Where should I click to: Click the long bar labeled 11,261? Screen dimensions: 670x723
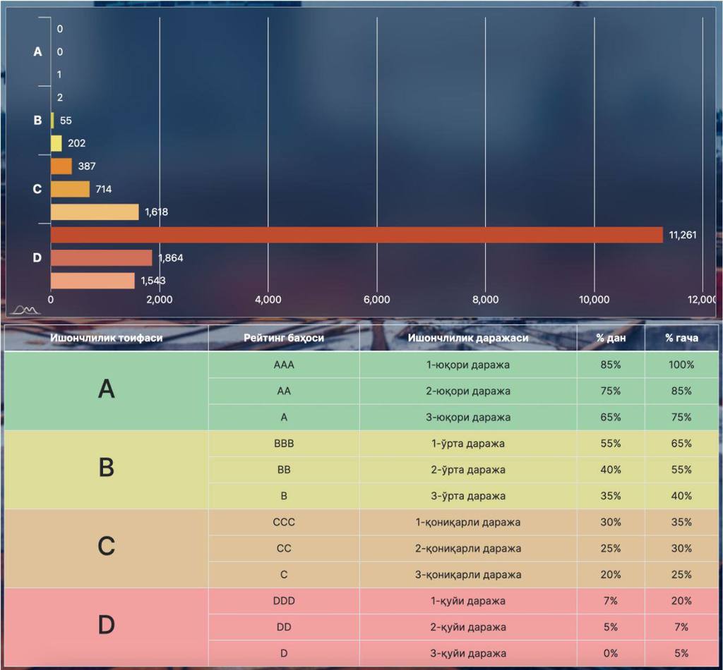tap(357, 235)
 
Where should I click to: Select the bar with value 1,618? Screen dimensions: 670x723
tap(95, 212)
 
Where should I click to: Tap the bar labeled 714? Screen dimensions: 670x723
tap(70, 189)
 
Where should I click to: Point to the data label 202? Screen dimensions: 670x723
tap(76, 143)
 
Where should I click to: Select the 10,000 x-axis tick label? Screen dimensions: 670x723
tap(594, 300)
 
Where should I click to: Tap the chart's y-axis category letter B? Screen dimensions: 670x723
tap(37, 121)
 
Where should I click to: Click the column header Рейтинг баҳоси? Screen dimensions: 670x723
tap(284, 338)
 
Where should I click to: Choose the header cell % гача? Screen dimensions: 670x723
tap(681, 338)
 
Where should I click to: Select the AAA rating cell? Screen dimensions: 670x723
tap(284, 365)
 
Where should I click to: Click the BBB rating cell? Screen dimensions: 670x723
tap(284, 444)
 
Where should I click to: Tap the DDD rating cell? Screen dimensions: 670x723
tap(284, 601)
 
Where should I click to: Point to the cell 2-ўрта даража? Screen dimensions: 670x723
tap(467, 470)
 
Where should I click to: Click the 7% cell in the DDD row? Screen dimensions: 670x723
tap(611, 601)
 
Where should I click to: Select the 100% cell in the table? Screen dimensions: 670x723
tap(681, 365)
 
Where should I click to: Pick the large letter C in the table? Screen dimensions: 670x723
tap(106, 547)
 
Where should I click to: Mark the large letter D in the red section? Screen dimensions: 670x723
tap(106, 626)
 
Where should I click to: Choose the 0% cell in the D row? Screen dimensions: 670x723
tap(611, 653)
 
